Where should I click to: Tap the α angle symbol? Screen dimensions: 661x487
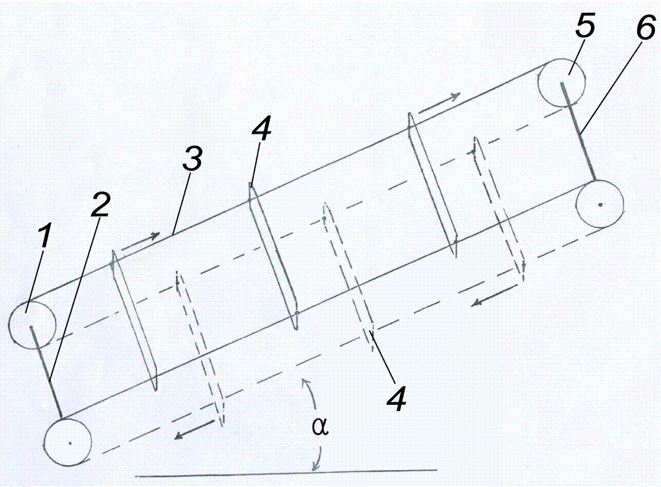click(319, 427)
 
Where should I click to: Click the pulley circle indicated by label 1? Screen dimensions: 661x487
click(32, 324)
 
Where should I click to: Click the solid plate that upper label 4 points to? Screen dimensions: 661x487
click(272, 255)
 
